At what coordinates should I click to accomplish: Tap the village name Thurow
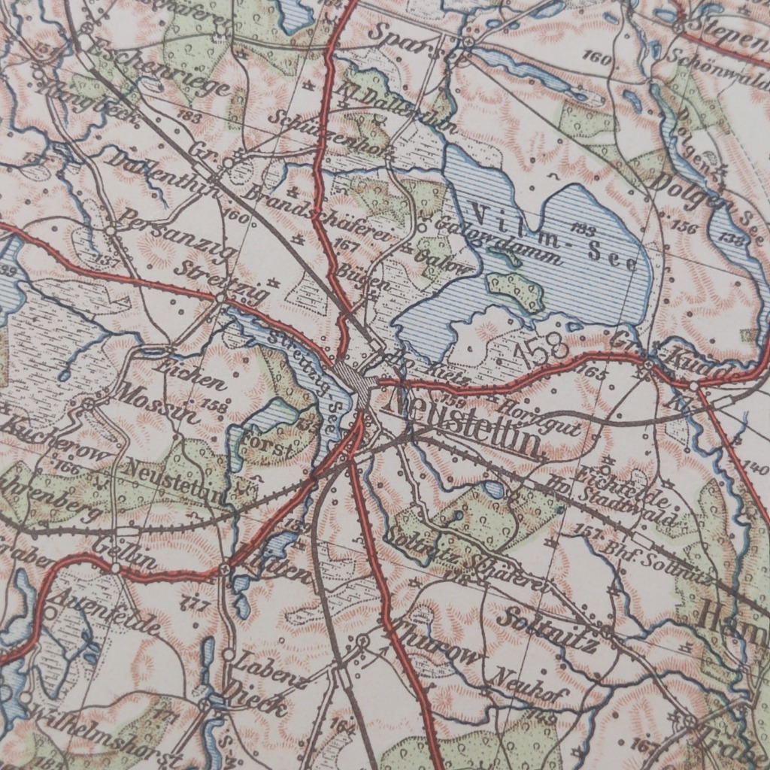pyautogui.click(x=437, y=644)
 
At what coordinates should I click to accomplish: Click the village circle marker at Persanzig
pyautogui.click(x=111, y=230)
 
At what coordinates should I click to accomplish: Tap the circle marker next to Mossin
pyautogui.click(x=88, y=405)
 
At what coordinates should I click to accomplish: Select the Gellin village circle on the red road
pyautogui.click(x=115, y=568)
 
